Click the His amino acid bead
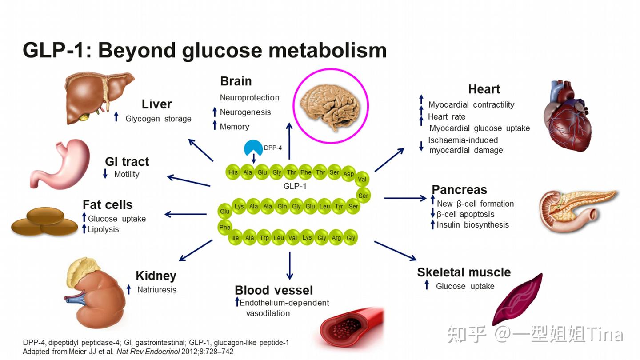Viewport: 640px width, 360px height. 232,172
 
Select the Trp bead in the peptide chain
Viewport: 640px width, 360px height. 264,238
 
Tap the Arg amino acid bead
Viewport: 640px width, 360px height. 336,238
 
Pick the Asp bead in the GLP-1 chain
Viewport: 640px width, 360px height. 348,174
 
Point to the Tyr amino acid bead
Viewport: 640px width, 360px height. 339,206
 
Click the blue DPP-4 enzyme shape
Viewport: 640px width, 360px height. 253,148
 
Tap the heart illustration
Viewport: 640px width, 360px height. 568,116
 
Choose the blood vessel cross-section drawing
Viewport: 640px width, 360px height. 351,329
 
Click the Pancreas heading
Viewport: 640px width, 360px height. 460,190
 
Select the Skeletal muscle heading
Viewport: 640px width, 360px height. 464,272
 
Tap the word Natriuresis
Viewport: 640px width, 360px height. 156,290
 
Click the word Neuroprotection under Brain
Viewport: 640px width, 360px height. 249,98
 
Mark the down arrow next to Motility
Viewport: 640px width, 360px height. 105,174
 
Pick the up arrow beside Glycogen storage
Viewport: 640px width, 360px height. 116,117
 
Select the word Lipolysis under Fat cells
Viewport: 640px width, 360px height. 103,229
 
